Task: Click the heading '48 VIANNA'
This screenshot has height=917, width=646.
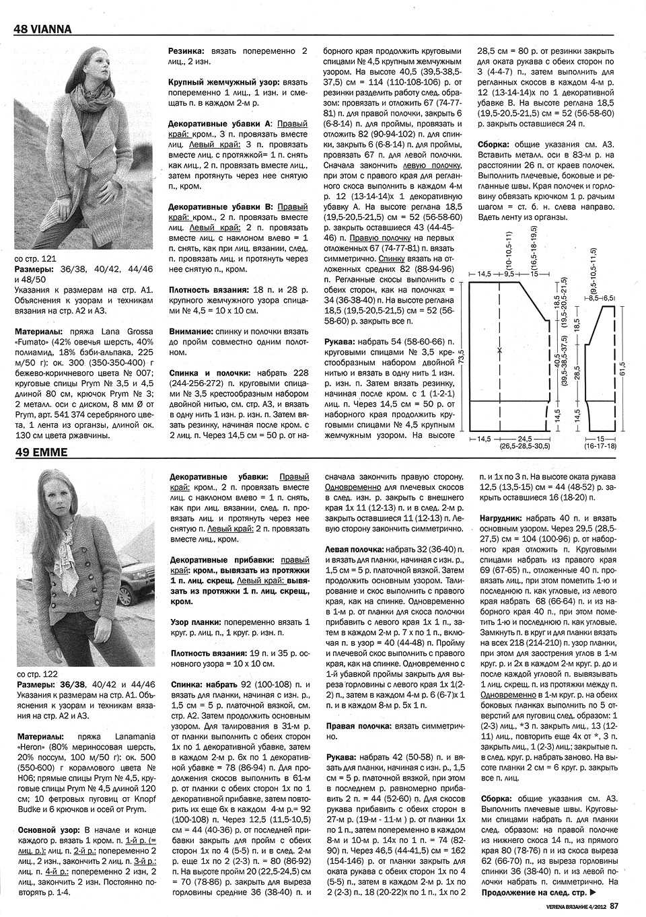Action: pyautogui.click(x=42, y=29)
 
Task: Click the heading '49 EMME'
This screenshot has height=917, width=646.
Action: pyautogui.click(x=40, y=452)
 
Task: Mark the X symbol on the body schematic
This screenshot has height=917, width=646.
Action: pyautogui.click(x=499, y=351)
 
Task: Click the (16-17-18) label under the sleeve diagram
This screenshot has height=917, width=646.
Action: pyautogui.click(x=600, y=445)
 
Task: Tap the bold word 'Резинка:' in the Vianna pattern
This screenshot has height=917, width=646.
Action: pyautogui.click(x=186, y=50)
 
